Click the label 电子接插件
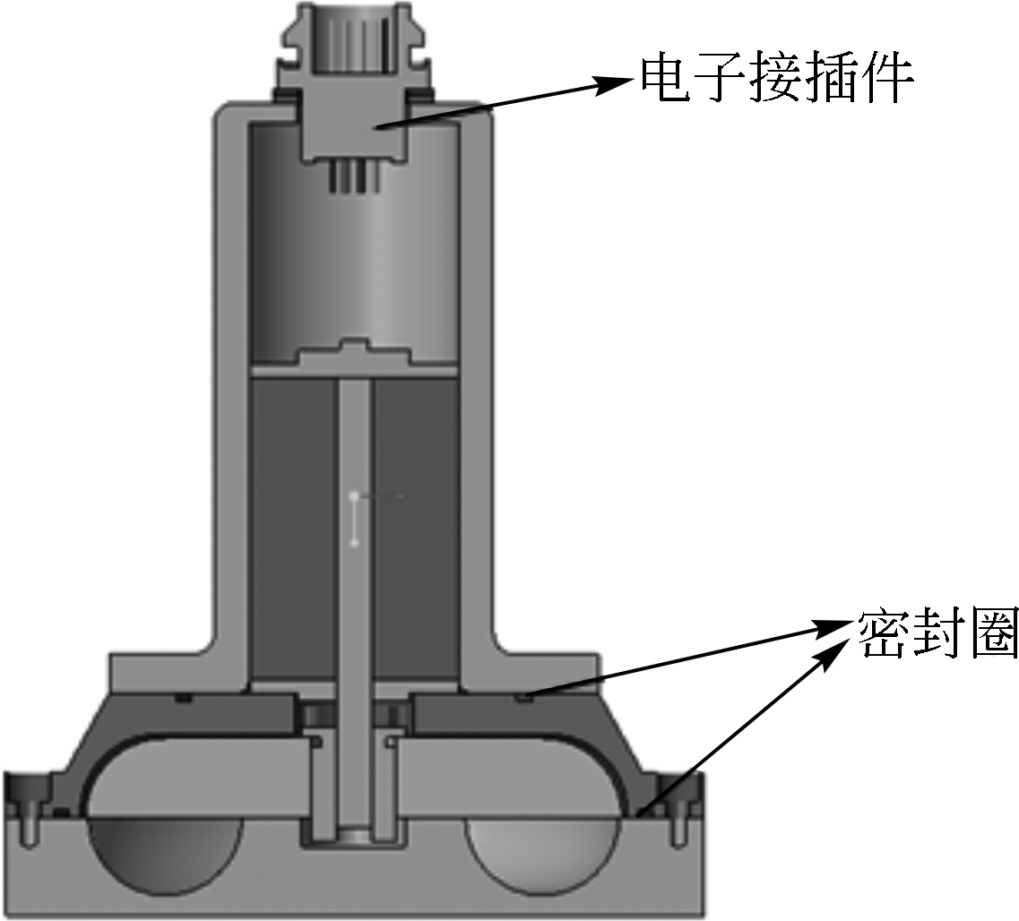pos(775,80)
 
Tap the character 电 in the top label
pos(663,80)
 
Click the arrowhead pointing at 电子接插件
pos(619,83)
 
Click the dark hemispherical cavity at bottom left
pos(166,851)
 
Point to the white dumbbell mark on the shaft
pos(355,518)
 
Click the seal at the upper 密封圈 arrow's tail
pos(524,695)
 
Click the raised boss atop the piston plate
pos(353,351)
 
